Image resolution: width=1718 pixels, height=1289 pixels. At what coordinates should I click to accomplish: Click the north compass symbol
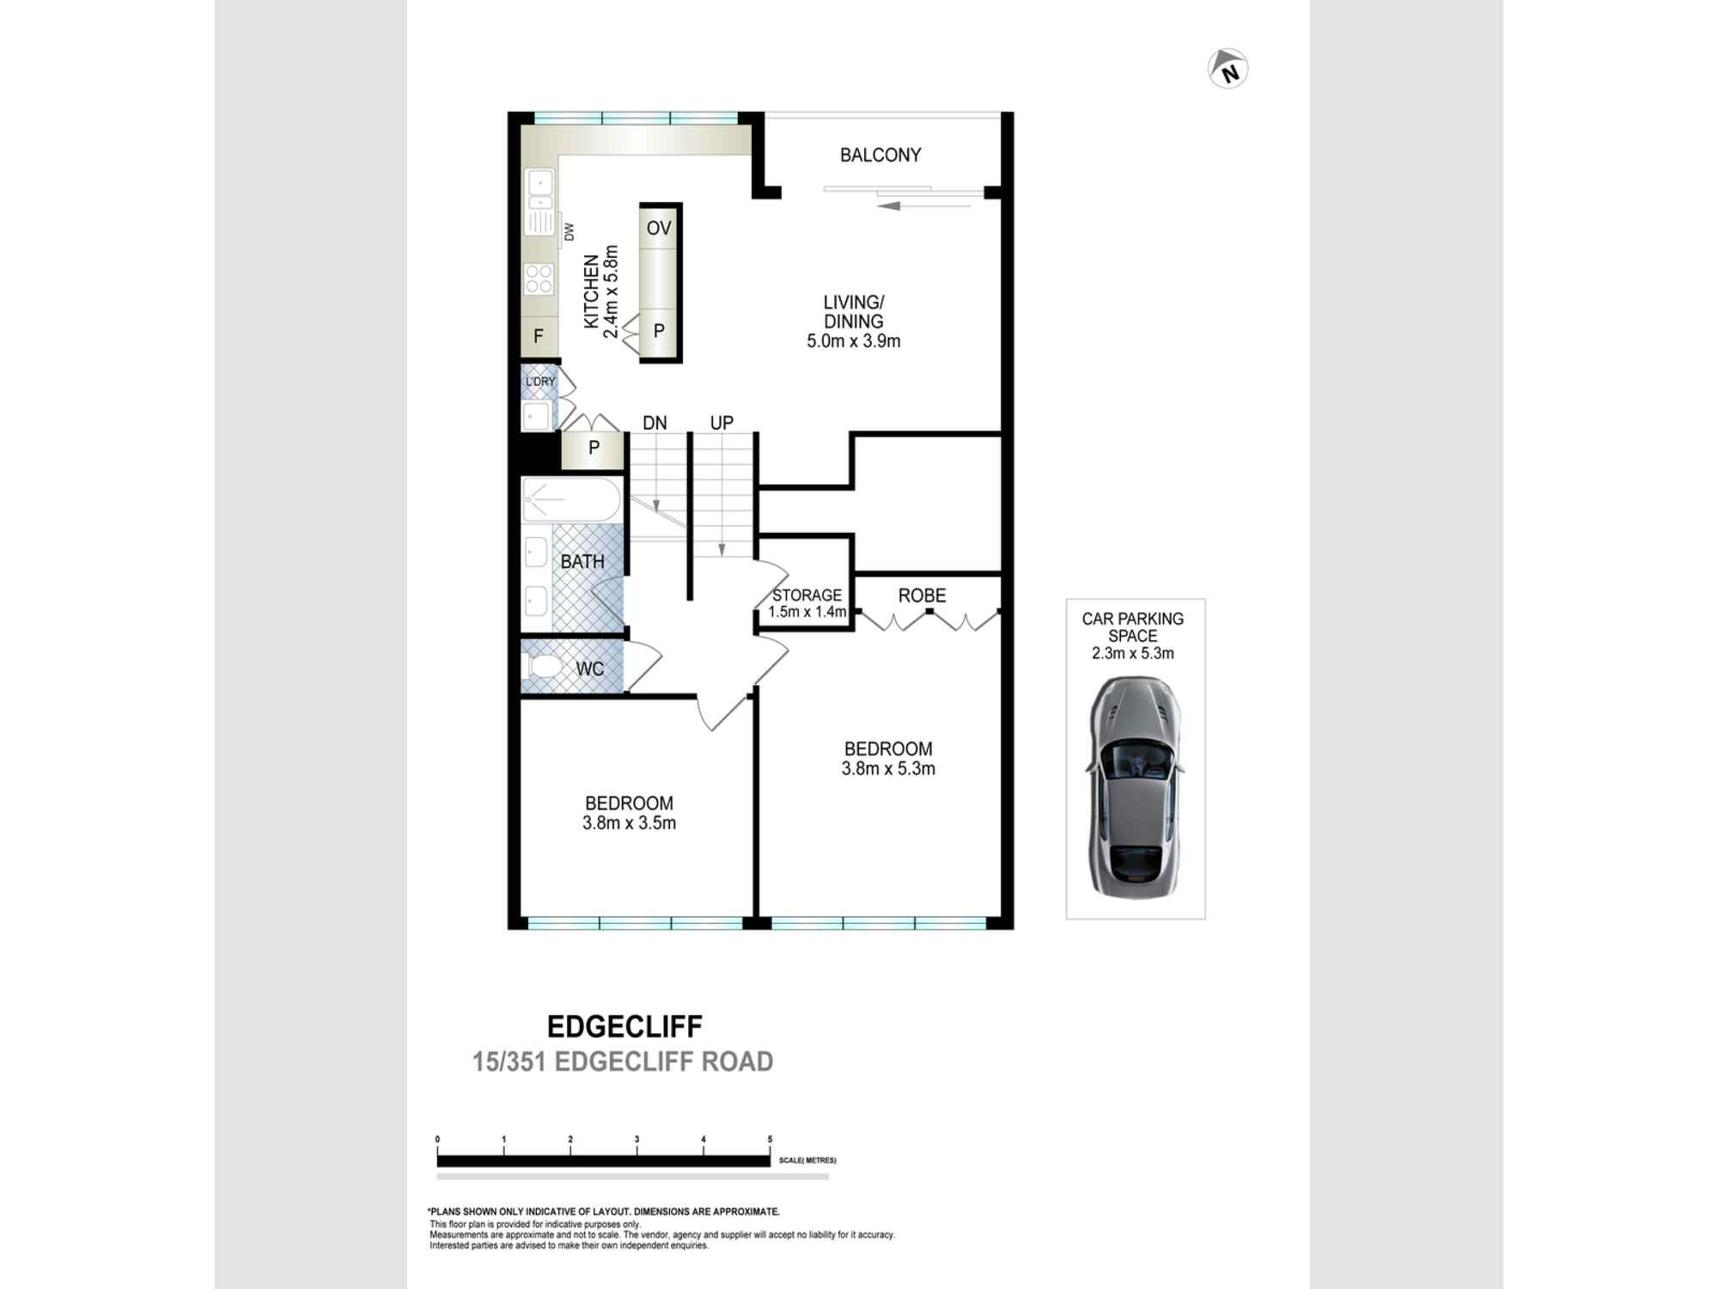coord(1228,69)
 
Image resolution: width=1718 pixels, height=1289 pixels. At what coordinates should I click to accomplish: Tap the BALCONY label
coord(880,155)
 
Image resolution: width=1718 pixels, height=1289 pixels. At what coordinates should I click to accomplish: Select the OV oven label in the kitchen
coord(659,228)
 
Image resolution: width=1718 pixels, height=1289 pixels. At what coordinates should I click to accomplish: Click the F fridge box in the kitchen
coord(539,336)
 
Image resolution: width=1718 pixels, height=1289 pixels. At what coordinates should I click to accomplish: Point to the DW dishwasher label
coord(569,231)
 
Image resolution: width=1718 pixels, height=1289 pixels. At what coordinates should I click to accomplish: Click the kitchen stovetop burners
coord(539,279)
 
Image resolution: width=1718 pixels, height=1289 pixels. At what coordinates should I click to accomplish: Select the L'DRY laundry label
coord(540,382)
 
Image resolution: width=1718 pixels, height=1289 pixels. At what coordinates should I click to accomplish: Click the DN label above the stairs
coord(655,423)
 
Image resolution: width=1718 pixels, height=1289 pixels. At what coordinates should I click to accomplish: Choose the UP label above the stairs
coord(722,423)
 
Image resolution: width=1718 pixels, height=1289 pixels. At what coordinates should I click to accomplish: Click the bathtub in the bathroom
coord(570,499)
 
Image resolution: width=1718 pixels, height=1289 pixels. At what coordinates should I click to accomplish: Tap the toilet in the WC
coord(544,668)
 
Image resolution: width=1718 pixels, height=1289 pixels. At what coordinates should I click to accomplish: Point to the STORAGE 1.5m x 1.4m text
coord(807,603)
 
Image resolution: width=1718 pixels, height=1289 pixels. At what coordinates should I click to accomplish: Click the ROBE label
coord(922,596)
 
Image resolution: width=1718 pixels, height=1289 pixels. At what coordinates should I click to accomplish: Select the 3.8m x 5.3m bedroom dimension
coord(888,769)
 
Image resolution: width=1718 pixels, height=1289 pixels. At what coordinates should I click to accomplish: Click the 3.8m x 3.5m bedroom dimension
coord(629,823)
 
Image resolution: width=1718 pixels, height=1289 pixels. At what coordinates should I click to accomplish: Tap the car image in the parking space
coord(1135,786)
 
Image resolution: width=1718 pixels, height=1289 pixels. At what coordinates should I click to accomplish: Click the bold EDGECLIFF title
coord(624,1026)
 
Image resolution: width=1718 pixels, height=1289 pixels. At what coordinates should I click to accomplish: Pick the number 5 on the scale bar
coord(770,1139)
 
